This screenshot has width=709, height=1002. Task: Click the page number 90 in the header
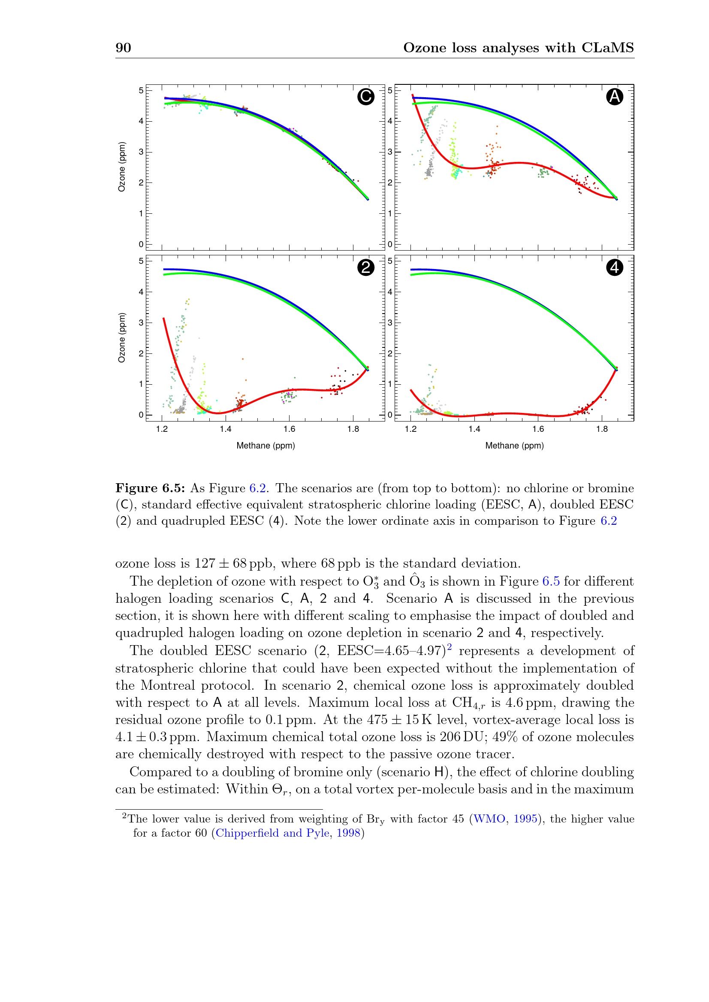tap(123, 48)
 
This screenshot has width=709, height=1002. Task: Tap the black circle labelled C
tap(365, 97)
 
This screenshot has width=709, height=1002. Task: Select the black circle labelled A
tap(615, 97)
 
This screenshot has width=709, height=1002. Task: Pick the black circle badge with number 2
tap(365, 267)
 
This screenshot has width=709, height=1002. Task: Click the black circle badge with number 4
tap(615, 267)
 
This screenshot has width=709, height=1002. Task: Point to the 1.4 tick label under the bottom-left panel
tap(226, 429)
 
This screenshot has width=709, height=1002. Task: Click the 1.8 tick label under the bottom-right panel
tap(602, 429)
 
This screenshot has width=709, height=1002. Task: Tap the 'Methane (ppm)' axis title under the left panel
tap(265, 446)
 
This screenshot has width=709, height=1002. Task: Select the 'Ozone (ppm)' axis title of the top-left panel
tap(122, 167)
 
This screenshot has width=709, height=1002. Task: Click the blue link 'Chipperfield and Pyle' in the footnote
tap(272, 833)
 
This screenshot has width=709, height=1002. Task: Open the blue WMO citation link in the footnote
tap(489, 819)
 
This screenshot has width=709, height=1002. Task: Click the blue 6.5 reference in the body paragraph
tap(551, 582)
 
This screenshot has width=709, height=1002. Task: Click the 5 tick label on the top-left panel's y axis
tap(141, 91)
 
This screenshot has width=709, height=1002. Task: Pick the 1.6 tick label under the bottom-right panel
tap(538, 429)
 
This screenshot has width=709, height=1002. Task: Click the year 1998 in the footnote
tap(348, 833)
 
